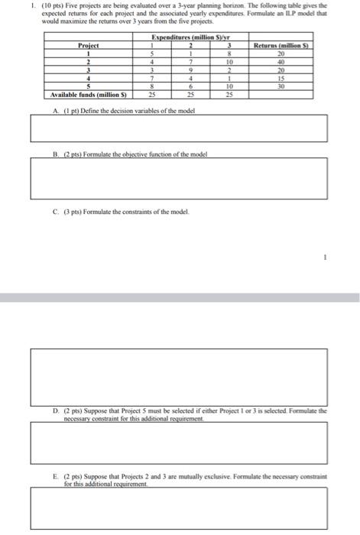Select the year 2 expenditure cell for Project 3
(192, 71)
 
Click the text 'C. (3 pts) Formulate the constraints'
(118, 212)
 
